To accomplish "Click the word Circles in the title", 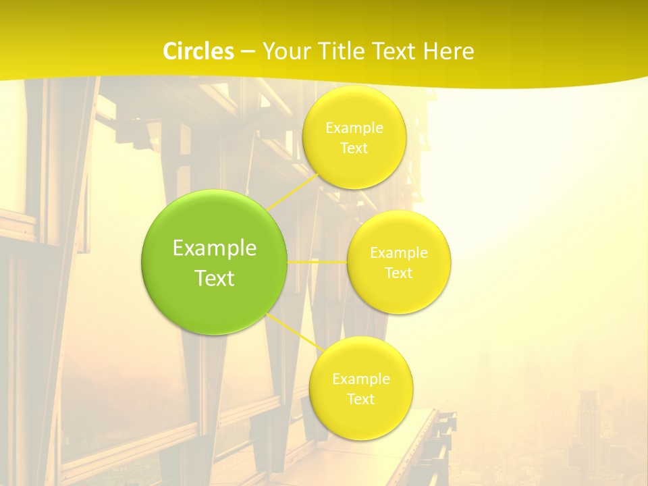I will (x=198, y=51).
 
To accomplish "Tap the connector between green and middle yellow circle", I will (x=317, y=261).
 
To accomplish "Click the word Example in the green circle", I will (x=214, y=248).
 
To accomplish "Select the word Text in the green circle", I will (x=214, y=278).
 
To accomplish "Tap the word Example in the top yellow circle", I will (x=354, y=128).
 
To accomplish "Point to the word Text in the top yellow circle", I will (x=354, y=148).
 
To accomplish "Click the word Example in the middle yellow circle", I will (x=399, y=253).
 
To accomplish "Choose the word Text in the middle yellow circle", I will (x=399, y=273).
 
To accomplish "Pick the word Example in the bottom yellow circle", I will (x=361, y=379).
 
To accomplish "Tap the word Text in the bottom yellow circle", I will (x=361, y=399).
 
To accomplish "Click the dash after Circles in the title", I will (x=247, y=51).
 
